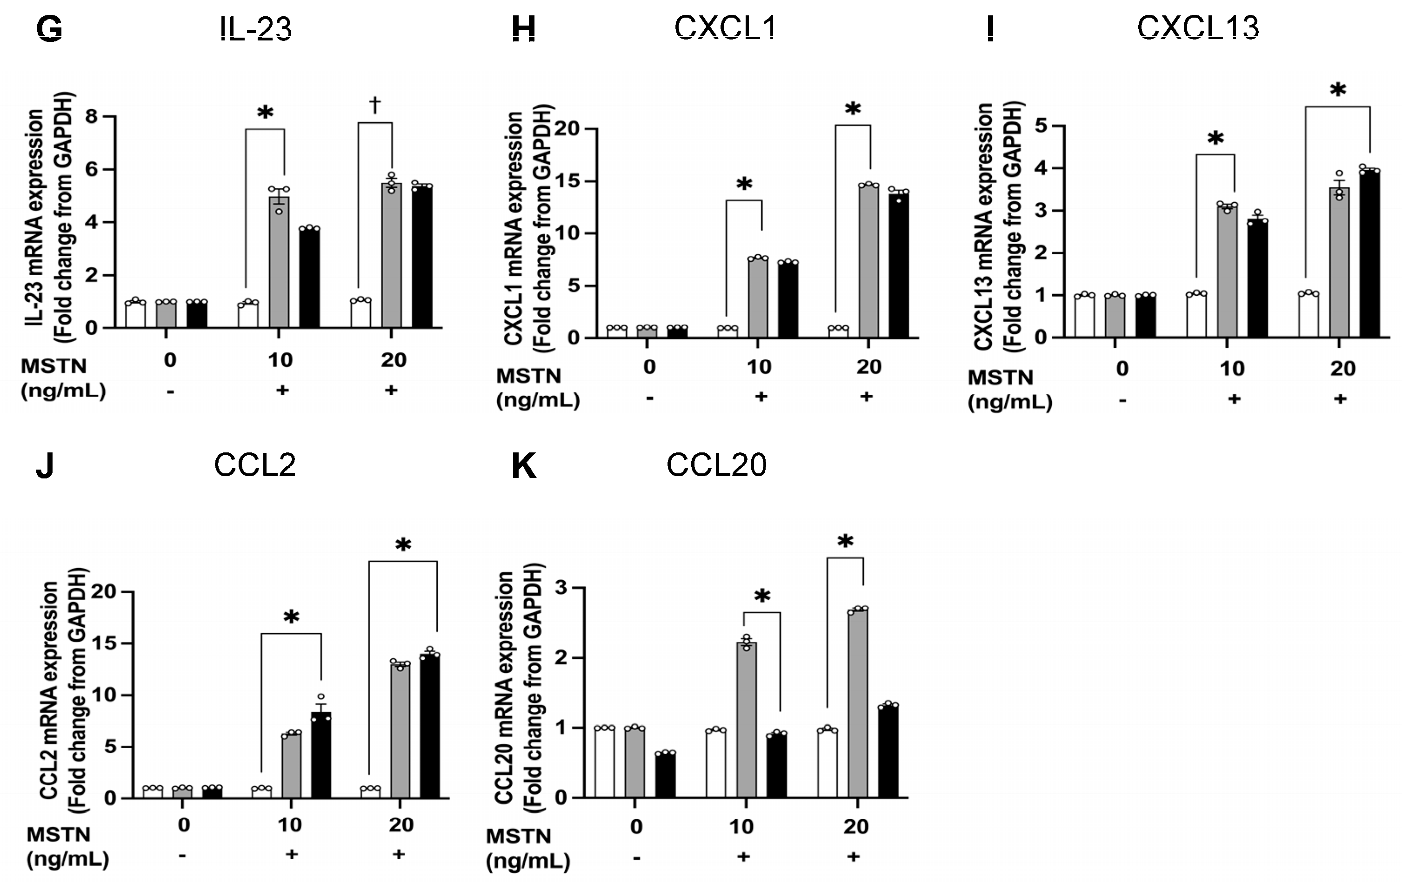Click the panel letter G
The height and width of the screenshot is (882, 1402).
click(49, 29)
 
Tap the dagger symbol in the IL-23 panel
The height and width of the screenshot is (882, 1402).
click(375, 105)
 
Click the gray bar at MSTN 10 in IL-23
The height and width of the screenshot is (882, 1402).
click(279, 262)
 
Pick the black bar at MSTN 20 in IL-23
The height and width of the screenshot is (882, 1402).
click(422, 256)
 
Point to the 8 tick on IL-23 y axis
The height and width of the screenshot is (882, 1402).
click(92, 116)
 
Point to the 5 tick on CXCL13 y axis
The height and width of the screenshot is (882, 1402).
click(1041, 126)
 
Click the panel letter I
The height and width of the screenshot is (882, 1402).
click(990, 29)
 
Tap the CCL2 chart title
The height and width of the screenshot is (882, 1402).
click(254, 465)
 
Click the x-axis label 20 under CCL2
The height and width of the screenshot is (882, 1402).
click(401, 824)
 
